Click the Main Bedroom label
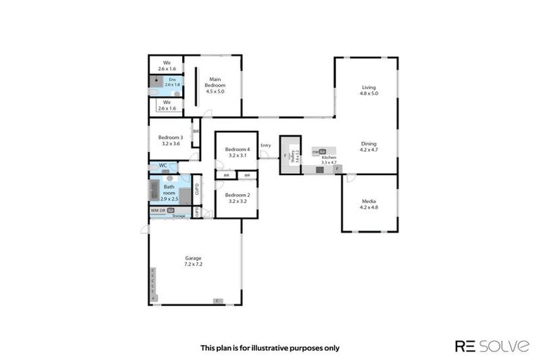point(214,86)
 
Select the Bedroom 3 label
point(171,140)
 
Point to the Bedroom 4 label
point(237,153)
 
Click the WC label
point(162,166)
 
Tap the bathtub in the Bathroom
point(154,191)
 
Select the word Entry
point(265,146)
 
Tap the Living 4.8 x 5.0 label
point(368,90)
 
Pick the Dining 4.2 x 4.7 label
point(369,146)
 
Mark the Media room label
point(369,204)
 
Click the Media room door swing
point(349,179)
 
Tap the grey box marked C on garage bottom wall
point(218,302)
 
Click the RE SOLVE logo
point(492,345)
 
